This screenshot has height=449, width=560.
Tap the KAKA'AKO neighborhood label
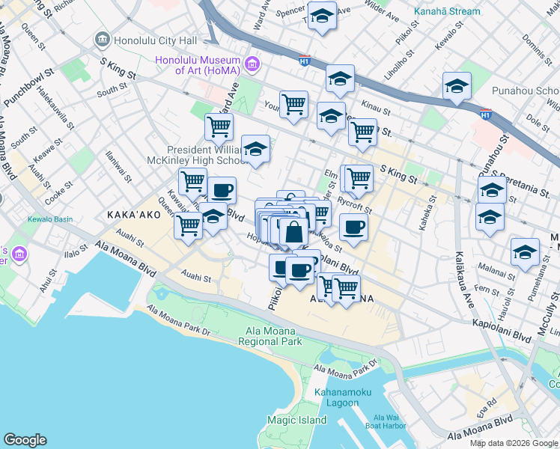[x=133, y=214]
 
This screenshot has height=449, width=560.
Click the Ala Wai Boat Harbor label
[x=389, y=421]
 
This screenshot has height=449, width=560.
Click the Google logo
[x=25, y=440]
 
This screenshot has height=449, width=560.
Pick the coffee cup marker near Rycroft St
[x=353, y=227]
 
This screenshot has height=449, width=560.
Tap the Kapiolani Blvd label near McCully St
[x=501, y=331]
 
